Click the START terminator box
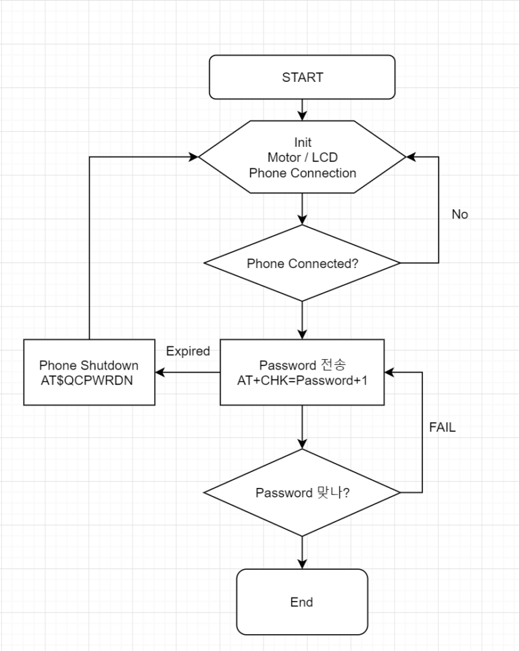[x=302, y=77]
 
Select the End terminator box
[x=302, y=602]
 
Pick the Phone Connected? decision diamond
[x=302, y=263]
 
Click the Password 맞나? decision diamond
[x=302, y=493]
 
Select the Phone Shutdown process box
[x=89, y=373]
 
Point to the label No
[x=460, y=215]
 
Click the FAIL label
[x=443, y=428]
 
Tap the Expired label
[x=188, y=351]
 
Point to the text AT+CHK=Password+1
[x=302, y=380]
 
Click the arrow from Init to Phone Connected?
[x=302, y=209]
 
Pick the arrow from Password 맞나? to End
[x=302, y=552]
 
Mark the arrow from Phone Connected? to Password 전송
[x=302, y=320]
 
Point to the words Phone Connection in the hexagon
[x=302, y=173]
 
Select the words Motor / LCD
[x=302, y=158]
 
